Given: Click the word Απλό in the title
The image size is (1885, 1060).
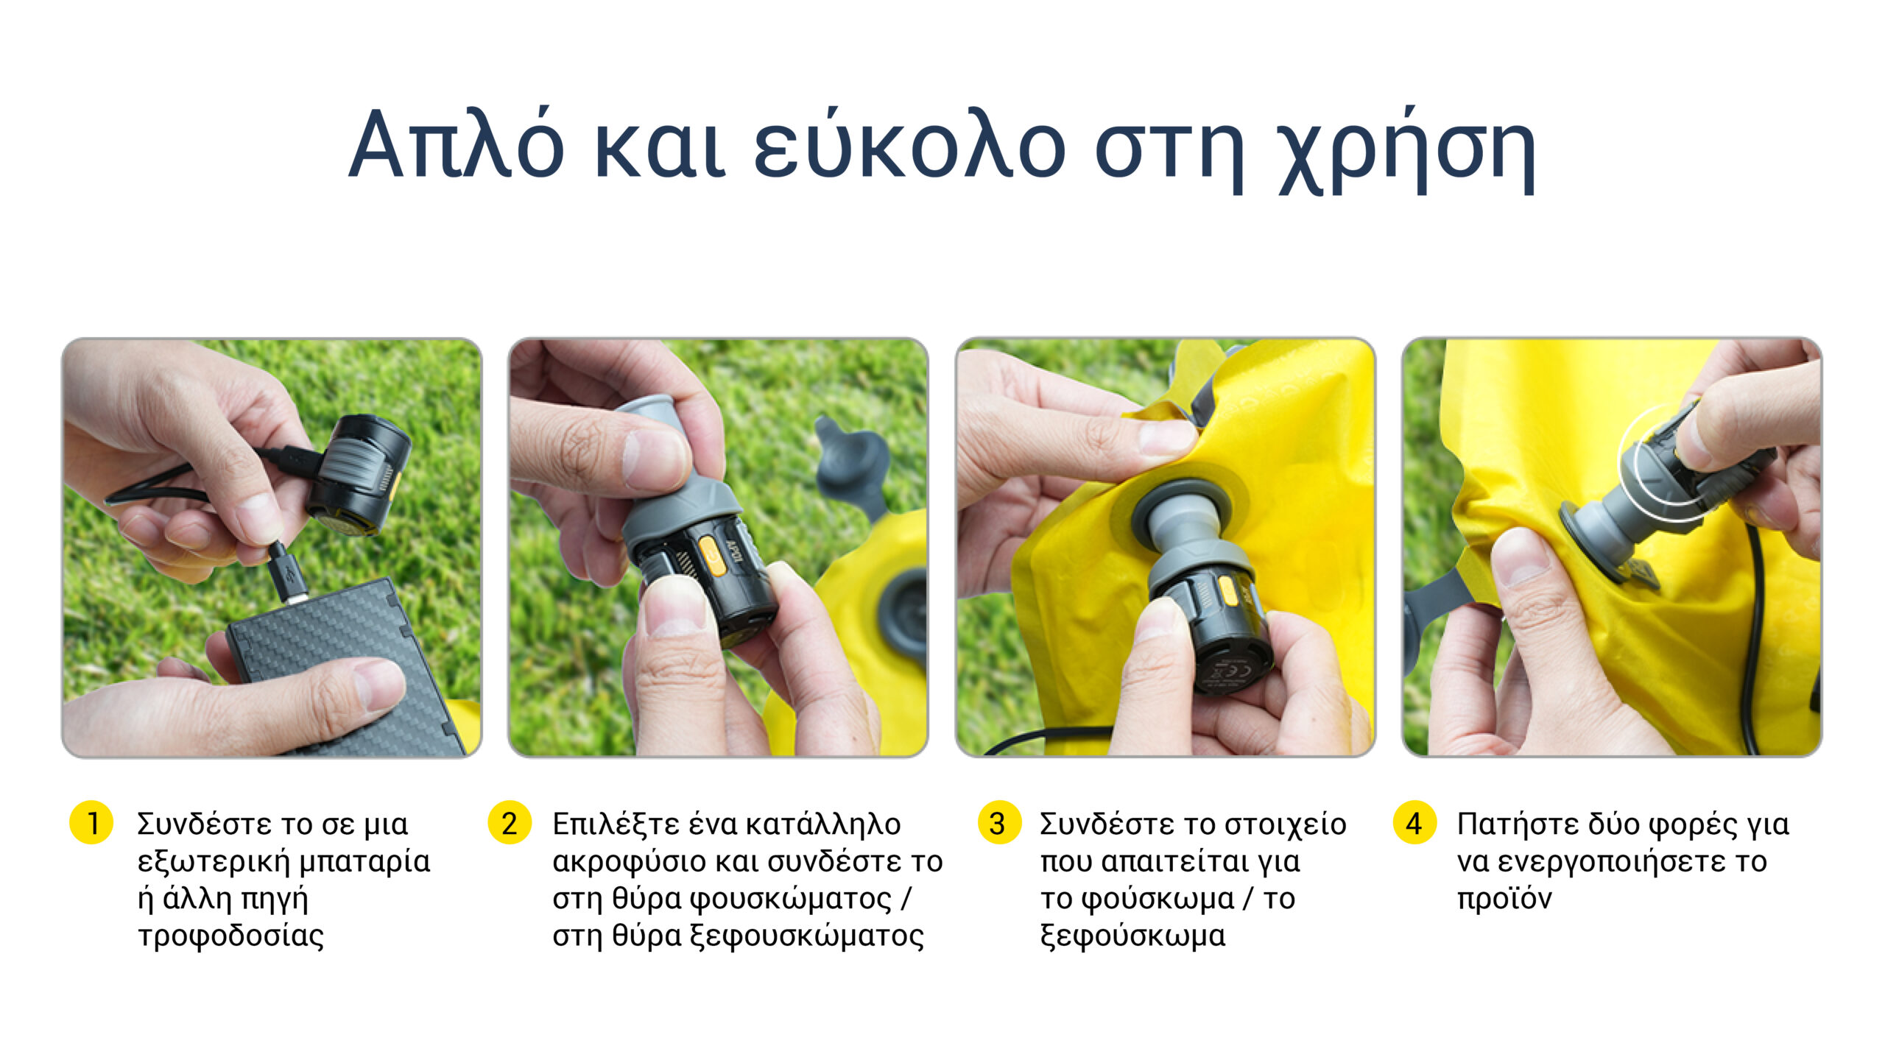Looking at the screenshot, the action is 457,144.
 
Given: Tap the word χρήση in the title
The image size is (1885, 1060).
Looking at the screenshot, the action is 1407,150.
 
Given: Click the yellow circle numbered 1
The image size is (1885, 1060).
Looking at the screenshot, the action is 91,823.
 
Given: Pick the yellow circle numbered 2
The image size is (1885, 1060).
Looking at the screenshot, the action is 510,823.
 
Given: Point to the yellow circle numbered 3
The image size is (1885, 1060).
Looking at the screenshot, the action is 999,823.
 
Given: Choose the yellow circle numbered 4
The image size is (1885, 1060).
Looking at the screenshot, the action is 1414,823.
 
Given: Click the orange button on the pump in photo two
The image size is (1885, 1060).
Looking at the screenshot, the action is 711,555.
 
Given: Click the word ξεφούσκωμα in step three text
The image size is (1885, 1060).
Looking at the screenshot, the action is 1132,936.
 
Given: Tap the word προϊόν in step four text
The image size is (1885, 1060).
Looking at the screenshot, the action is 1504,900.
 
